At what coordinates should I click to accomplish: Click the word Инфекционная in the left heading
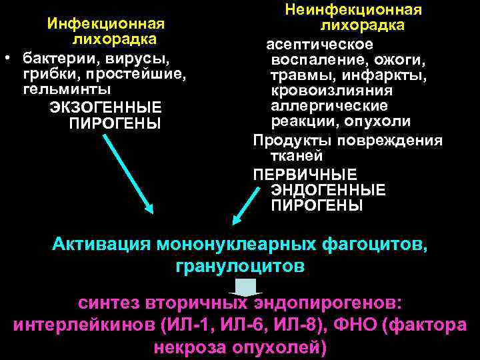tap(105, 24)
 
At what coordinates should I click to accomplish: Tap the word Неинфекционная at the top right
tap(353, 10)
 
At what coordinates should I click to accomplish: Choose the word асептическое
tap(319, 44)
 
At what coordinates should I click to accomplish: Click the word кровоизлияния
tap(331, 91)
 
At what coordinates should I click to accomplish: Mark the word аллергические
tap(329, 107)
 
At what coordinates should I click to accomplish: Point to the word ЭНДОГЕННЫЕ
tap(328, 190)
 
